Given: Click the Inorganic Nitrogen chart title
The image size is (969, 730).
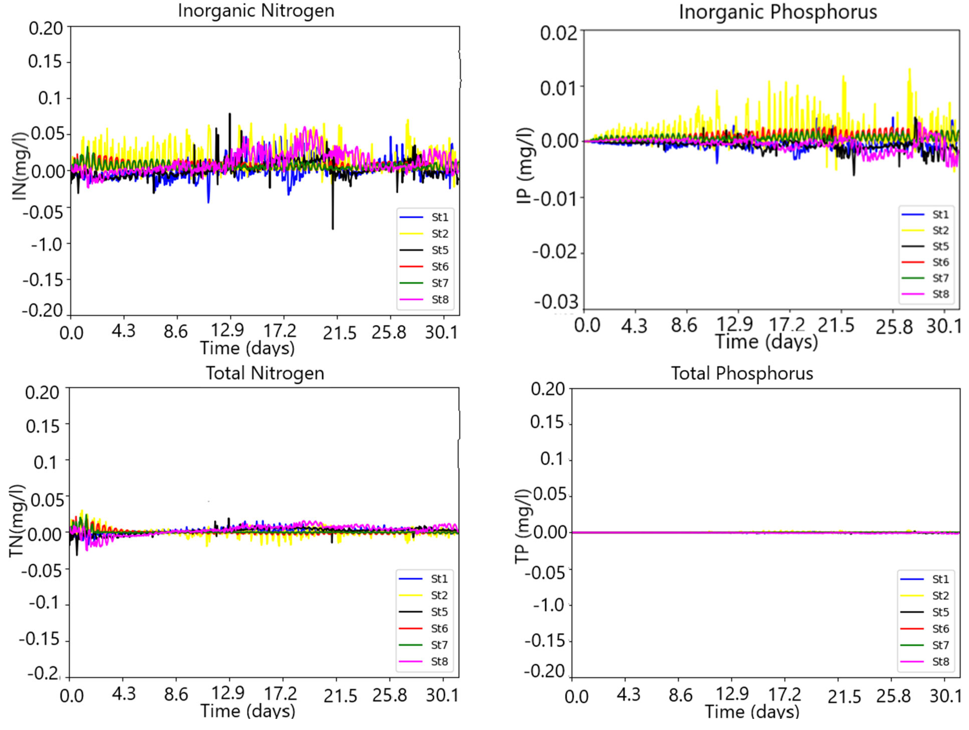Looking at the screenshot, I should click(256, 11).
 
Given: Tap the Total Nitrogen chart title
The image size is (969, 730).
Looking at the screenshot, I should click(265, 373).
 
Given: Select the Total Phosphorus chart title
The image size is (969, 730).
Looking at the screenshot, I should click(742, 373).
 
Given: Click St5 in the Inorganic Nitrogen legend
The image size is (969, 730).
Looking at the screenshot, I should click(440, 250).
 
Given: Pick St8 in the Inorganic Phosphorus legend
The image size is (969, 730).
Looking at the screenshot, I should click(941, 294).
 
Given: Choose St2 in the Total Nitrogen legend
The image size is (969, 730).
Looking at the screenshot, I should click(439, 595).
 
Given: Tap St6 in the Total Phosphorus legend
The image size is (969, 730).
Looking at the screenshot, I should click(941, 629).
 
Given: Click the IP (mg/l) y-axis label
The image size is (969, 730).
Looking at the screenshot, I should click(524, 166).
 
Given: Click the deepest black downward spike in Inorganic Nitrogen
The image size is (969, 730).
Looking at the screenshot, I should click(332, 227).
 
